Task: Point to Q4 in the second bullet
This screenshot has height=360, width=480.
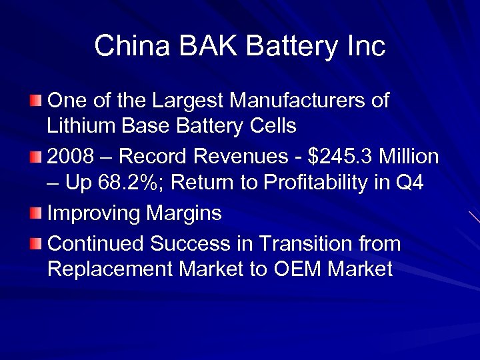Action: tap(409, 182)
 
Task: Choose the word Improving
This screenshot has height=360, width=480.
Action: tap(92, 213)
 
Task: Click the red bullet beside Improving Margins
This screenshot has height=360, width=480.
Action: tap(35, 213)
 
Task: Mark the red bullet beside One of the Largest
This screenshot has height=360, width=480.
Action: tap(35, 101)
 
